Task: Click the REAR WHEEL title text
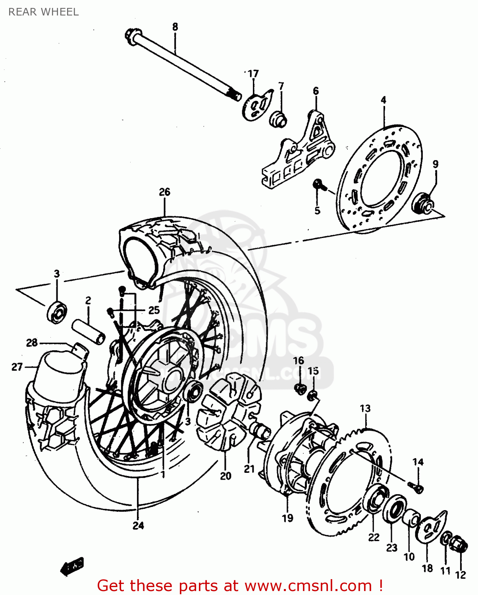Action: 43,12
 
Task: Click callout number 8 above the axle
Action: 175,27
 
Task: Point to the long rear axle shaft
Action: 183,63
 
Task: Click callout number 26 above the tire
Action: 164,192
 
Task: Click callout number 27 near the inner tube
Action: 17,367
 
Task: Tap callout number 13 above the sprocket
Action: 365,408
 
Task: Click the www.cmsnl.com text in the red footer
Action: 308,585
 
